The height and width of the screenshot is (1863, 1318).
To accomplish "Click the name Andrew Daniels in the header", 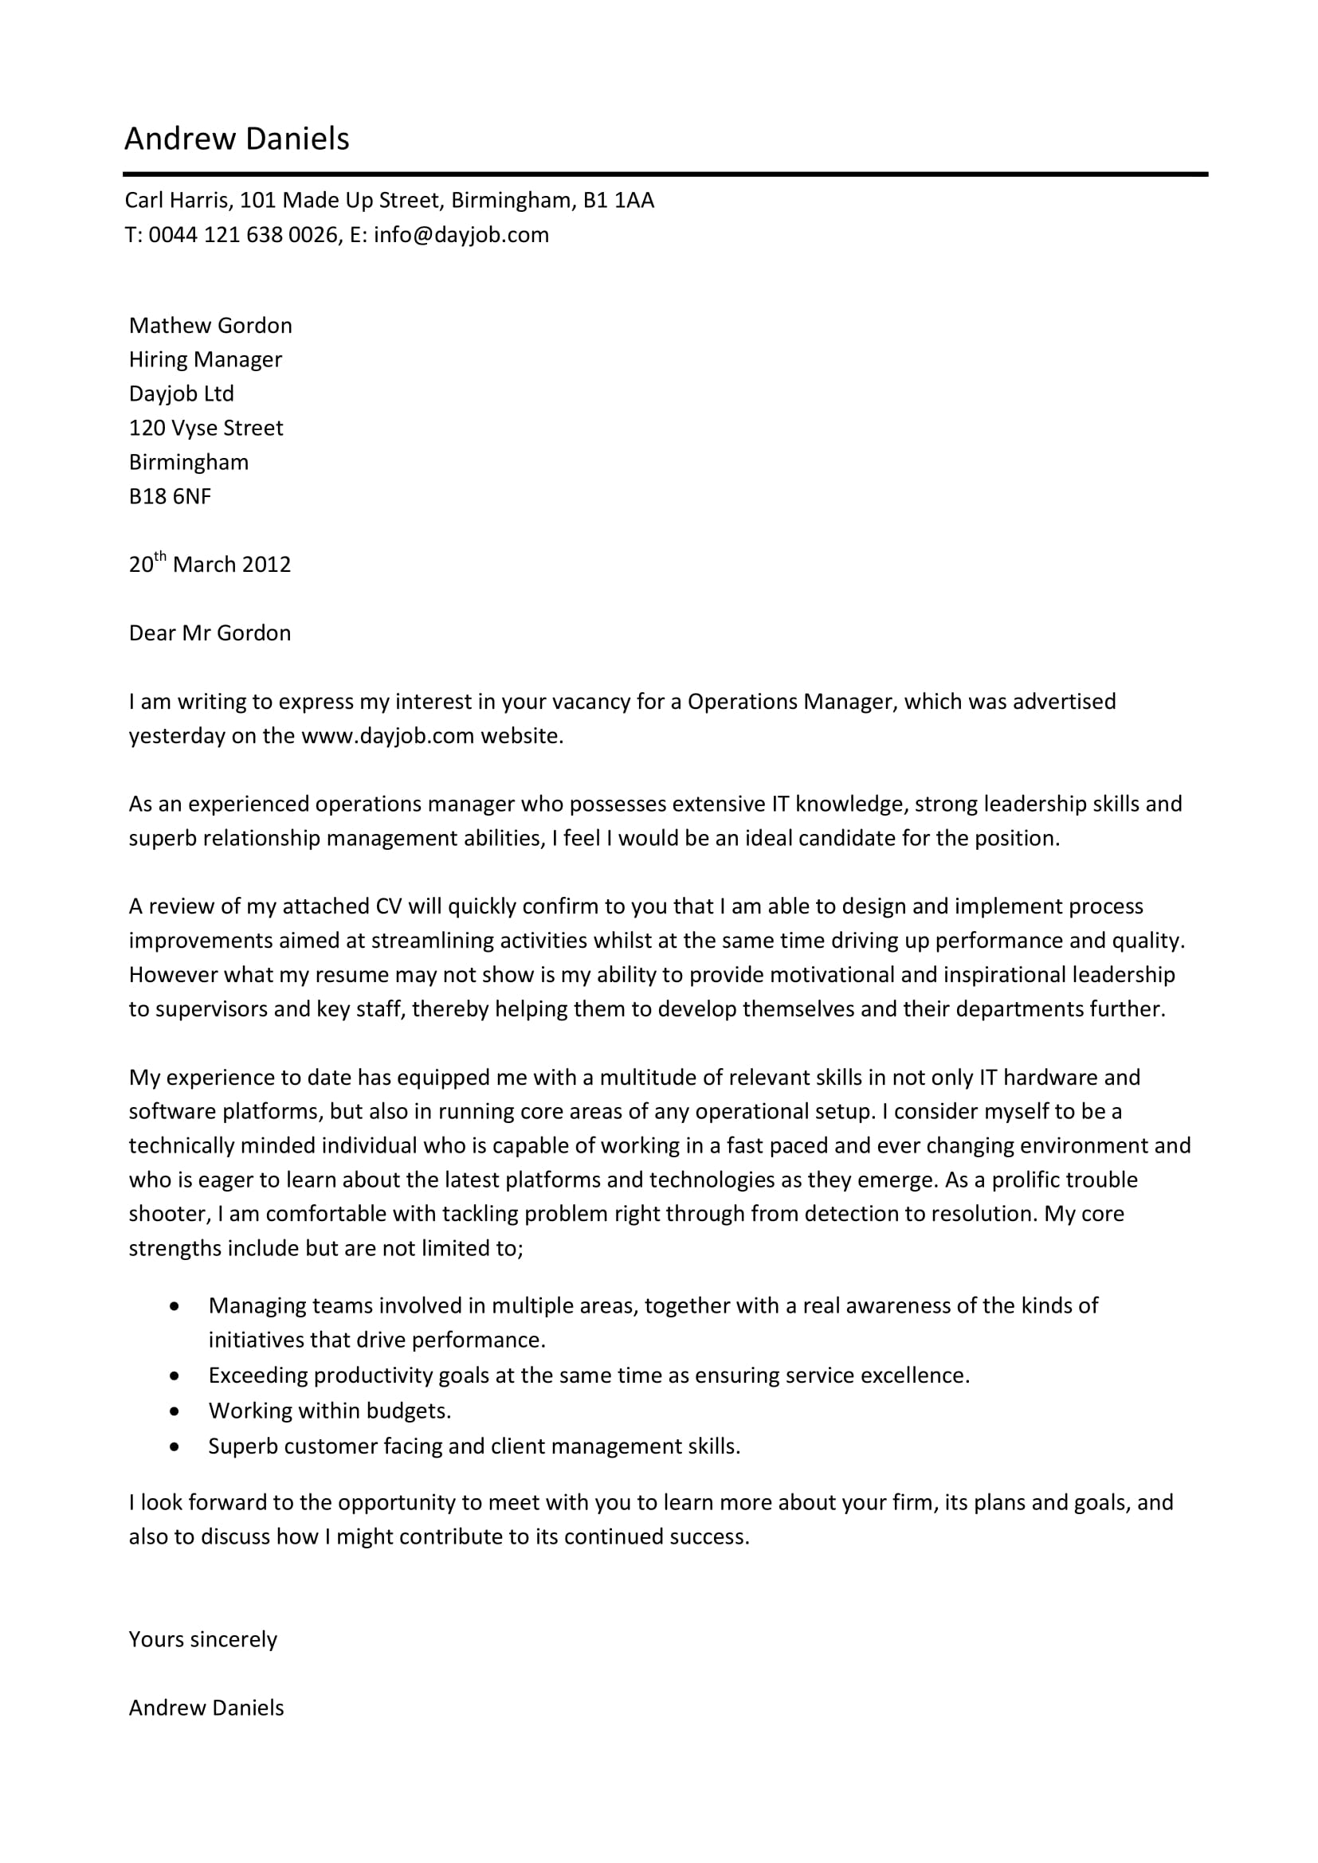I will click(236, 139).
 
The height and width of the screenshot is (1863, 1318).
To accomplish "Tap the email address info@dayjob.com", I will click(461, 235).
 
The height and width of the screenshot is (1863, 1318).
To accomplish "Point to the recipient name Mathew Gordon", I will click(210, 326).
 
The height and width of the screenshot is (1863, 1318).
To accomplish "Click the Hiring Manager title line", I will click(206, 359).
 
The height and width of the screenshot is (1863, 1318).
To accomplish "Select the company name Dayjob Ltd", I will click(181, 393).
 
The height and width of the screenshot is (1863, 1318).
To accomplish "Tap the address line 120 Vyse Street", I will click(206, 428).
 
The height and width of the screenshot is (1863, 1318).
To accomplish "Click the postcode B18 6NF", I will click(170, 496).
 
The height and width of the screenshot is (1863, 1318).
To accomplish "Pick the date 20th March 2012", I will click(210, 564).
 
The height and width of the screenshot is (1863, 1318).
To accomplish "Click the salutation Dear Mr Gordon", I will click(210, 633).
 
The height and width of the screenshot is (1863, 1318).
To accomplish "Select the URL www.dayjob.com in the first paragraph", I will click(387, 736).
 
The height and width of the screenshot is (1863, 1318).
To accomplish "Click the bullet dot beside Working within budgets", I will click(175, 1411).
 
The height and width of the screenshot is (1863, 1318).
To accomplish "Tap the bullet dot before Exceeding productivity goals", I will click(175, 1376).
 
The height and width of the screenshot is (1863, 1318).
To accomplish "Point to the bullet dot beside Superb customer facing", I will click(175, 1446).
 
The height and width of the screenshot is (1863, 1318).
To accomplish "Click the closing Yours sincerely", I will click(203, 1639).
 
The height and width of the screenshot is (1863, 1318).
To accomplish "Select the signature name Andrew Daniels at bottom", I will click(206, 1707).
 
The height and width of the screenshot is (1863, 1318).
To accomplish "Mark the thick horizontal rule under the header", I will click(665, 174).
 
